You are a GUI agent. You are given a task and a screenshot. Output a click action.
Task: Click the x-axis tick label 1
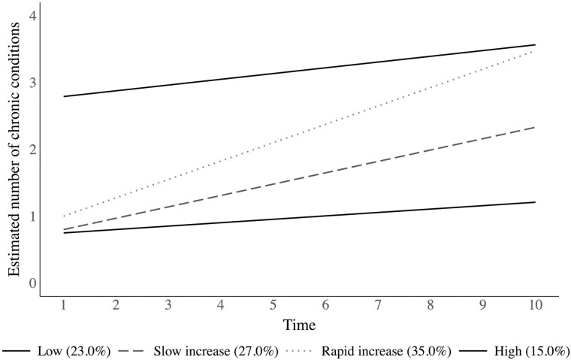tap(63, 307)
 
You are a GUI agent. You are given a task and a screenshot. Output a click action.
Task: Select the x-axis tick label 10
tap(533, 307)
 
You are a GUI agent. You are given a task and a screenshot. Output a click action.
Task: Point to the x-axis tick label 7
tap(377, 307)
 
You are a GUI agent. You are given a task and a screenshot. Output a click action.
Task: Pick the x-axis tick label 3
tap(168, 307)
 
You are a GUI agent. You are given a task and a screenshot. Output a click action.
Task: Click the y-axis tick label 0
tap(30, 283)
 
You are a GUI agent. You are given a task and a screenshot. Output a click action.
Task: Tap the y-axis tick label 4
tap(30, 16)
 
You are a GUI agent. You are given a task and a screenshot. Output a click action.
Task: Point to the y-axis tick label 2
tap(30, 150)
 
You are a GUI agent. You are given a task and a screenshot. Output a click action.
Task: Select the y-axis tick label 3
tap(30, 83)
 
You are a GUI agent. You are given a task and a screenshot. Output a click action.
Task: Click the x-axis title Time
tap(298, 325)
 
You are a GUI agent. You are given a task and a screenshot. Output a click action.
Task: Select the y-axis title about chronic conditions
tap(14, 150)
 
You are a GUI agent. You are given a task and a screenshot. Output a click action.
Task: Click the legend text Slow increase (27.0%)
tap(216, 350)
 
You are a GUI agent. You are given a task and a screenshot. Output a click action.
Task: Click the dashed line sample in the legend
tap(131, 351)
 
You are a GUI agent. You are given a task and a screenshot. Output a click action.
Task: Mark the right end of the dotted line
tap(534, 50)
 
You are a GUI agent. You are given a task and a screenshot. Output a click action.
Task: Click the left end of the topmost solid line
tap(63, 96)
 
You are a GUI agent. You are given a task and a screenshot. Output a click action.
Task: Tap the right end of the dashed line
tap(534, 127)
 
